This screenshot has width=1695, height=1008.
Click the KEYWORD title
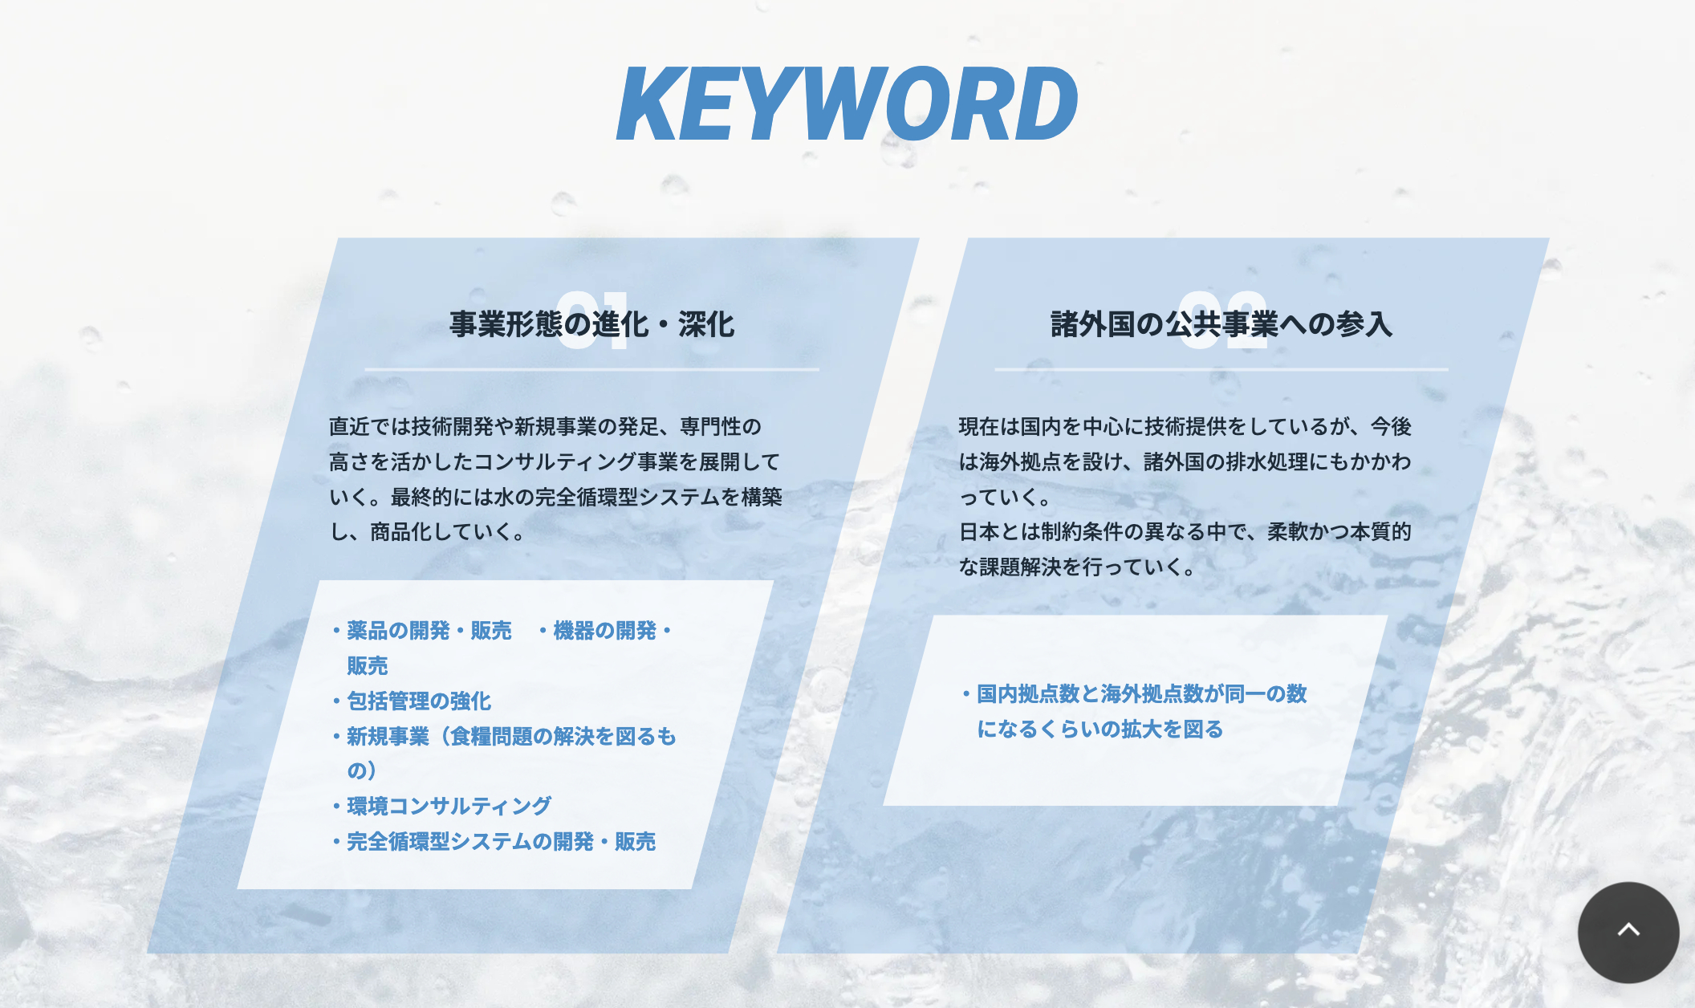pyautogui.click(x=847, y=104)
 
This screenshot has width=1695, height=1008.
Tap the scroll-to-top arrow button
pyautogui.click(x=1628, y=932)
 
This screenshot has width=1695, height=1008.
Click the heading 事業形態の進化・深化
pyautogui.click(x=592, y=324)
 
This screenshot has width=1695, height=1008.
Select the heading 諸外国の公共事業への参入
pyautogui.click(x=1221, y=324)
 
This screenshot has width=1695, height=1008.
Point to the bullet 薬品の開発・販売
pyautogui.click(x=429, y=631)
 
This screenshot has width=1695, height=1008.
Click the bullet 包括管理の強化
pyautogui.click(x=418, y=701)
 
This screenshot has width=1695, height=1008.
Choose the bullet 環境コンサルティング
pyautogui.click(x=449, y=806)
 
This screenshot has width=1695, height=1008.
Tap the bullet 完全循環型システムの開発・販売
pyautogui.click(x=501, y=841)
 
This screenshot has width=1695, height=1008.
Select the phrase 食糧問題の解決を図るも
pyautogui.click(x=563, y=736)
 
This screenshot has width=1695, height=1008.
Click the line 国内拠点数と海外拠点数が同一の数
pyautogui.click(x=1141, y=693)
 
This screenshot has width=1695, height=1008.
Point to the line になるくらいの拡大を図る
pyautogui.click(x=1100, y=729)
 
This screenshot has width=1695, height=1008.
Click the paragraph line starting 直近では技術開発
pyautogui.click(x=545, y=426)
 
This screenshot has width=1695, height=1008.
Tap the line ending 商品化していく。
pyautogui.click(x=427, y=531)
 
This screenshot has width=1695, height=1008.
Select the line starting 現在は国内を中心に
pyautogui.click(x=1185, y=426)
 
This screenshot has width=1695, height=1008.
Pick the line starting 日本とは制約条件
pyautogui.click(x=1185, y=531)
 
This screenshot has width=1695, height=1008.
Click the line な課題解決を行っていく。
pyautogui.click(x=1077, y=567)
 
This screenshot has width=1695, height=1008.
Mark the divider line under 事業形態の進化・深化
pyautogui.click(x=592, y=369)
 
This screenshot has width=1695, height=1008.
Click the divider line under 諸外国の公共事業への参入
pyautogui.click(x=1221, y=369)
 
